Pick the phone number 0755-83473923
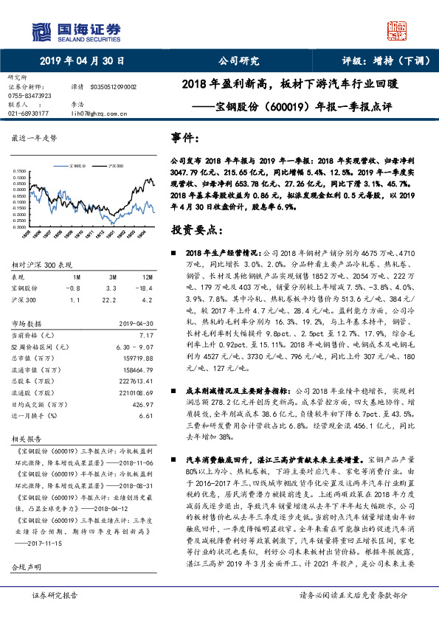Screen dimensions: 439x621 (29, 95)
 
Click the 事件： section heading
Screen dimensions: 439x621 (184, 138)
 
